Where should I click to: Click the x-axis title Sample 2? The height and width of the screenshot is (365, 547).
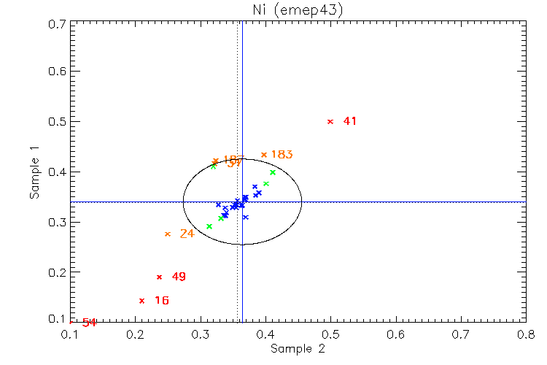pos(298,349)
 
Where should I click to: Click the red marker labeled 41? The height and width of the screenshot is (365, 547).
pos(330,121)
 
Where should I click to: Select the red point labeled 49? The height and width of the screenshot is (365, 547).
pos(159,277)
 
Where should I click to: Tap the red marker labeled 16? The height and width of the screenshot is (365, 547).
pos(141,301)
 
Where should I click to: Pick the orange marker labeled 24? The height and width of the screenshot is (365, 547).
pos(168,234)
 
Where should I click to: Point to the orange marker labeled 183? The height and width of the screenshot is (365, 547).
pos(264,155)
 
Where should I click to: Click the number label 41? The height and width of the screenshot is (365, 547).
pos(350,121)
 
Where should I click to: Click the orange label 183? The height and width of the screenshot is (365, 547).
pos(282,155)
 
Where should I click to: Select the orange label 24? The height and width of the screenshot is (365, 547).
pos(187,234)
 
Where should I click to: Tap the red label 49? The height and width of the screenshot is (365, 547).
pos(179,277)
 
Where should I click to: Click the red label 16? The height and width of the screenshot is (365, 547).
pos(161,301)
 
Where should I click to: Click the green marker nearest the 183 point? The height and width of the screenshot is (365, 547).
pos(273,172)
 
